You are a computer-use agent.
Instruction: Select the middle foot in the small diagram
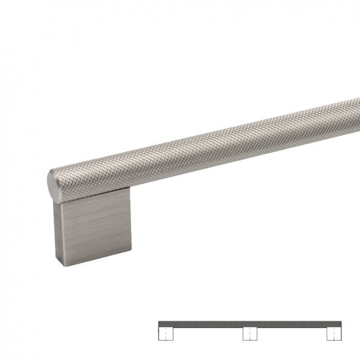[x=249, y=333]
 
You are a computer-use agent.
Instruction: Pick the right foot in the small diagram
[x=334, y=333]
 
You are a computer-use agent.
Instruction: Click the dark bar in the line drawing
[x=249, y=323]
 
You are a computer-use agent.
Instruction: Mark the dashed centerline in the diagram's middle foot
[x=249, y=333]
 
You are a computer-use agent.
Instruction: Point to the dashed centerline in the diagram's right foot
[x=334, y=333]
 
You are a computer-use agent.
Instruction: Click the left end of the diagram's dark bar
[x=160, y=323]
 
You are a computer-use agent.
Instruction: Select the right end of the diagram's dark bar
[x=340, y=323]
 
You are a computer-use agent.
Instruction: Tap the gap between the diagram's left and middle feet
[x=207, y=333]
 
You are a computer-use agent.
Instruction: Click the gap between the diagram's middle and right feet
[x=292, y=333]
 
